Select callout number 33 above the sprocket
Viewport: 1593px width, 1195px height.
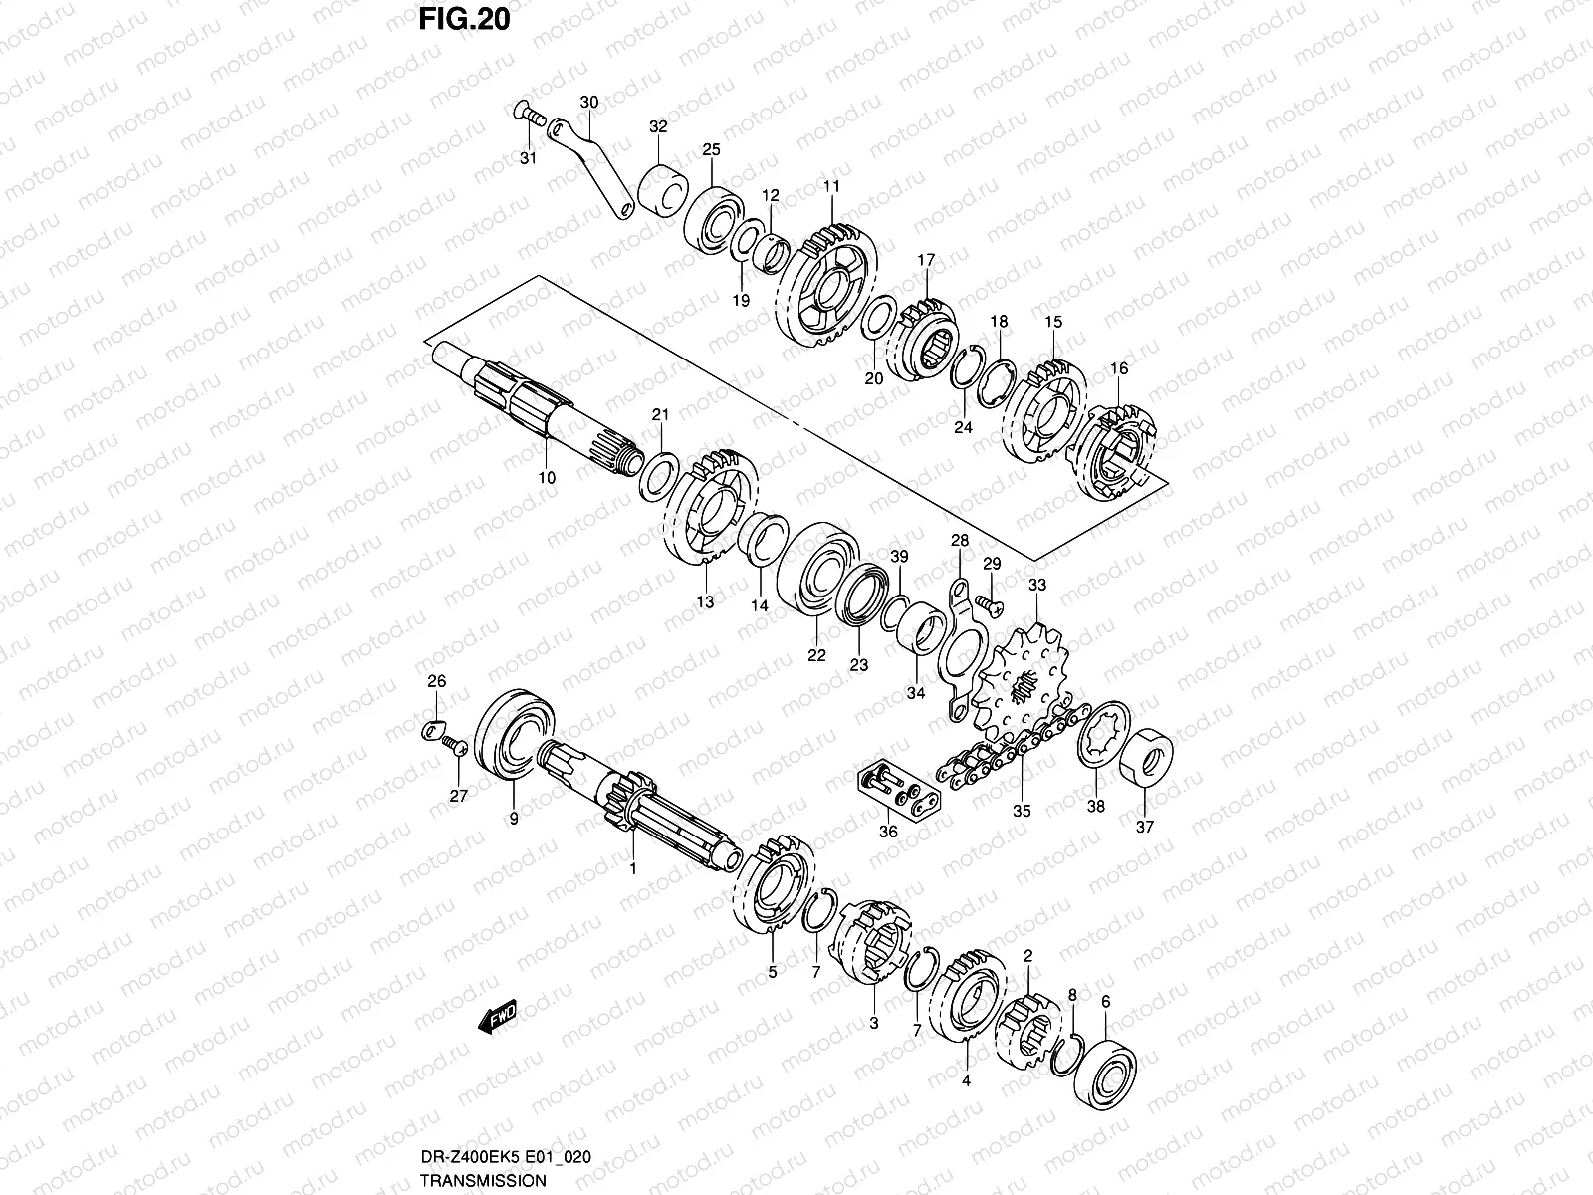[1037, 586]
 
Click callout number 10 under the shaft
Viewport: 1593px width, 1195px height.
[547, 478]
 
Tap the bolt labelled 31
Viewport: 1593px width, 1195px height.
[529, 118]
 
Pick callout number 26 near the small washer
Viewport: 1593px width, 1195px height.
[437, 682]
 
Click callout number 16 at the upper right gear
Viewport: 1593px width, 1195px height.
[1119, 369]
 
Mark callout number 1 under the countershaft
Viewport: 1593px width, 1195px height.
[631, 868]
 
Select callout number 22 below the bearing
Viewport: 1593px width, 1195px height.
[816, 655]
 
